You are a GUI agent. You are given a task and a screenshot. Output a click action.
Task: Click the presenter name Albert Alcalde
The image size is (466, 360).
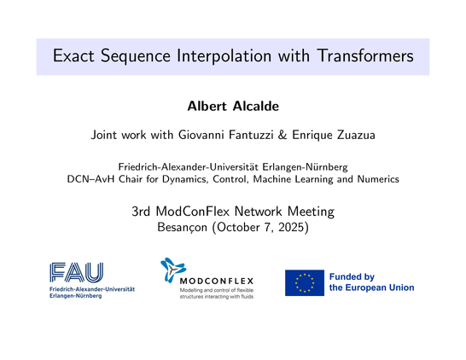[232, 107]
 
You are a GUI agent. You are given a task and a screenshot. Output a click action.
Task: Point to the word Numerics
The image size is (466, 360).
[374, 179]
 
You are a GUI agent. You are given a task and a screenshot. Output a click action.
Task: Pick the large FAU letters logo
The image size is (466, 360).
[76, 272]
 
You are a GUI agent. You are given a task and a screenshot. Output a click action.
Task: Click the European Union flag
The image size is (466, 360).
[304, 282]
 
